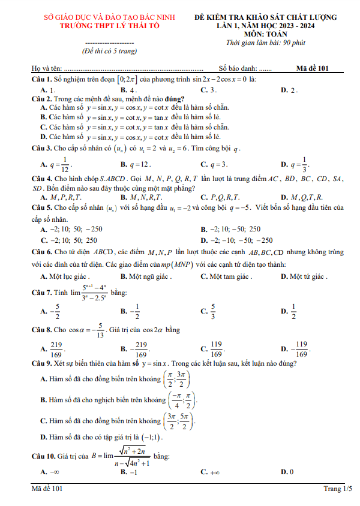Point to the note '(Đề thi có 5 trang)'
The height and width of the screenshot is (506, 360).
coord(109,52)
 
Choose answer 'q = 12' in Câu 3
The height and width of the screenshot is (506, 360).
coord(139,164)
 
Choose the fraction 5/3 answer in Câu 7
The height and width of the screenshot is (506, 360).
coord(212,311)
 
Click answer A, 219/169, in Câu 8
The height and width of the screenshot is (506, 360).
coord(56,350)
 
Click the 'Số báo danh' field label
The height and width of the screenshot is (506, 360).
coord(238,69)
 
